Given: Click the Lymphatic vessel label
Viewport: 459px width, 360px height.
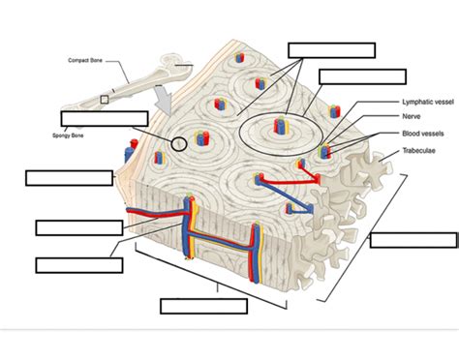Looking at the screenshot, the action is (x=428, y=102).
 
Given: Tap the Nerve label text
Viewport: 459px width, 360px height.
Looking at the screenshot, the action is (x=412, y=116).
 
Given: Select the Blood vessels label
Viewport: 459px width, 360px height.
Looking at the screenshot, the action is (x=423, y=134).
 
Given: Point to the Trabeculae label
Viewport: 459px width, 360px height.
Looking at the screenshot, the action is (x=418, y=151).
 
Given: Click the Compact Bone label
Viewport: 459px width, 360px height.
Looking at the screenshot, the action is (x=85, y=60).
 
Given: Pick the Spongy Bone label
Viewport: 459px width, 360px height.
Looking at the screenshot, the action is (x=68, y=135).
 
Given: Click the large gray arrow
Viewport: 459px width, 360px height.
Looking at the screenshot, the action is (x=164, y=100).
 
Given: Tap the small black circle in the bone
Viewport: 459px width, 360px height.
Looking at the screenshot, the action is (x=179, y=144).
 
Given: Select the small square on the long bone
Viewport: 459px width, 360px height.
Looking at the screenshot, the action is (x=104, y=100).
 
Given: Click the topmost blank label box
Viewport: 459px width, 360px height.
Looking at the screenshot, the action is (x=332, y=50).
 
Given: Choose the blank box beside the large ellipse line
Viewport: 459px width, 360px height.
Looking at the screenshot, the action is (x=362, y=76).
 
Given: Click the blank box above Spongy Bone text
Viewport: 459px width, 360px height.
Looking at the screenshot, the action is (x=105, y=119).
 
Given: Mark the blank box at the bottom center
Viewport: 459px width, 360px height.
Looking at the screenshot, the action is (x=204, y=306).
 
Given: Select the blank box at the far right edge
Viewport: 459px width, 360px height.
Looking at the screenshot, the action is (x=413, y=240).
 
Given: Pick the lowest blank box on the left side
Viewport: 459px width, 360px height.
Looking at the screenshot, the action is (x=79, y=265).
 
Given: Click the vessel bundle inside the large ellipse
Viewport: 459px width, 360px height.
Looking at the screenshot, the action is (x=281, y=125).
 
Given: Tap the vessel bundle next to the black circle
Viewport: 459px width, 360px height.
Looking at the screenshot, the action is (x=201, y=138).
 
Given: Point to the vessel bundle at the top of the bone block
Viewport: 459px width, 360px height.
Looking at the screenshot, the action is (x=239, y=57).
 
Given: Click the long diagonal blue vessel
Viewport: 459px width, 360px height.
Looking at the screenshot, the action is (x=284, y=195).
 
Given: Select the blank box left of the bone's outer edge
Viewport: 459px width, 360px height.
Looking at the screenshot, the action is (x=70, y=178).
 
